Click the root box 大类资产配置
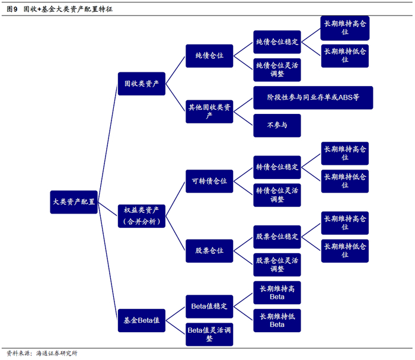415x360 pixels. tap(74, 202)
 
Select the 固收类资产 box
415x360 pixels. tap(141, 84)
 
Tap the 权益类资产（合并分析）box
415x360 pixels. tap(141, 215)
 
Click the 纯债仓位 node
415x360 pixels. tap(209, 55)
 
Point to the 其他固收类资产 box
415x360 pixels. tap(209, 111)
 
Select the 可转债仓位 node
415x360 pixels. tap(209, 181)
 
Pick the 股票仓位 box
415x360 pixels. tap(209, 251)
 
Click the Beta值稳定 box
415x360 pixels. tap(209, 306)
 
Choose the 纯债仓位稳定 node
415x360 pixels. tap(277, 42)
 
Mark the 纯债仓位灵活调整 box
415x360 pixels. tap(277, 69)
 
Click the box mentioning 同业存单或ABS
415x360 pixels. tap(312, 97)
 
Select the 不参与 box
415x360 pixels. tap(277, 125)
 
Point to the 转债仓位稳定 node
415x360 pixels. tap(277, 167)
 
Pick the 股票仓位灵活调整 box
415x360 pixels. tap(277, 265)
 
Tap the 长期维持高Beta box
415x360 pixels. tap(277, 292)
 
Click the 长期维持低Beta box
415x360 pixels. tap(277, 320)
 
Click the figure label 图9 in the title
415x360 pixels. tap(11, 9)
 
